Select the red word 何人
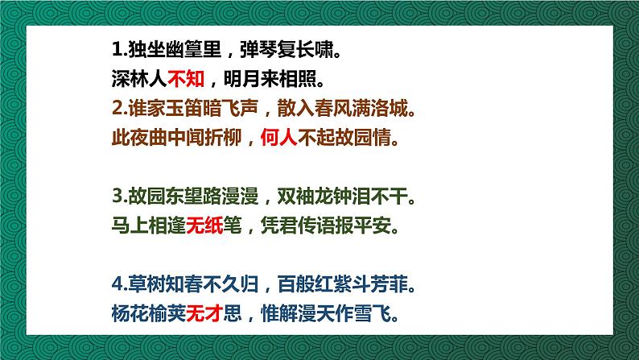[278, 138]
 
